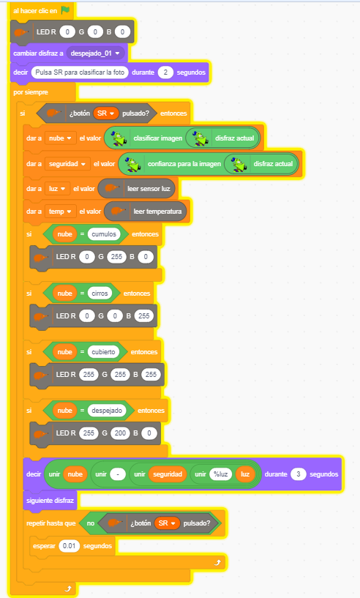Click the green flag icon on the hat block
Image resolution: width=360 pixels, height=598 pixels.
click(66, 10)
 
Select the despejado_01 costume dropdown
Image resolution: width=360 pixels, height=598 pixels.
click(95, 53)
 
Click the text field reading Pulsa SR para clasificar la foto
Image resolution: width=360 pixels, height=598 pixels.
click(80, 72)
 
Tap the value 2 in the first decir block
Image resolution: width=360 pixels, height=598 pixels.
click(165, 72)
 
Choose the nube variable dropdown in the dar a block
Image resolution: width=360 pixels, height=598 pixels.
click(60, 138)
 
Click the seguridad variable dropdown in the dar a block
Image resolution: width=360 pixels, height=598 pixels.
click(67, 164)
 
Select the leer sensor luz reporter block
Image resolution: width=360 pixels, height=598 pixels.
click(137, 188)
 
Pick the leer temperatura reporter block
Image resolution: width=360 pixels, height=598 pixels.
click(146, 211)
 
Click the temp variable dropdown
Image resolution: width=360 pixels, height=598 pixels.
click(60, 211)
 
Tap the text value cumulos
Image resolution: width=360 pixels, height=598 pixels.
click(104, 233)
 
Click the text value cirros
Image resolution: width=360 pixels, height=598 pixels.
click(100, 293)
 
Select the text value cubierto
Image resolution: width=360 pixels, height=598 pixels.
click(103, 351)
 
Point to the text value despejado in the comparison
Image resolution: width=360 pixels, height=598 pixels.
click(107, 411)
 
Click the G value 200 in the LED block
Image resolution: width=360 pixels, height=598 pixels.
click(120, 433)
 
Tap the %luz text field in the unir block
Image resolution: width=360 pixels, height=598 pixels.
click(221, 474)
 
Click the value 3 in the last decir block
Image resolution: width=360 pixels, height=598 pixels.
click(299, 474)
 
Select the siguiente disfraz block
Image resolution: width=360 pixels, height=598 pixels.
click(50, 501)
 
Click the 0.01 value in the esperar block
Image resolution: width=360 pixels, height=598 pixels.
click(69, 546)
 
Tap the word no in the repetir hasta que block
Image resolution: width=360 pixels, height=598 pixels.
click(91, 523)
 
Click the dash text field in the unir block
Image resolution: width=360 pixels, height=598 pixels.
click(118, 474)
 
